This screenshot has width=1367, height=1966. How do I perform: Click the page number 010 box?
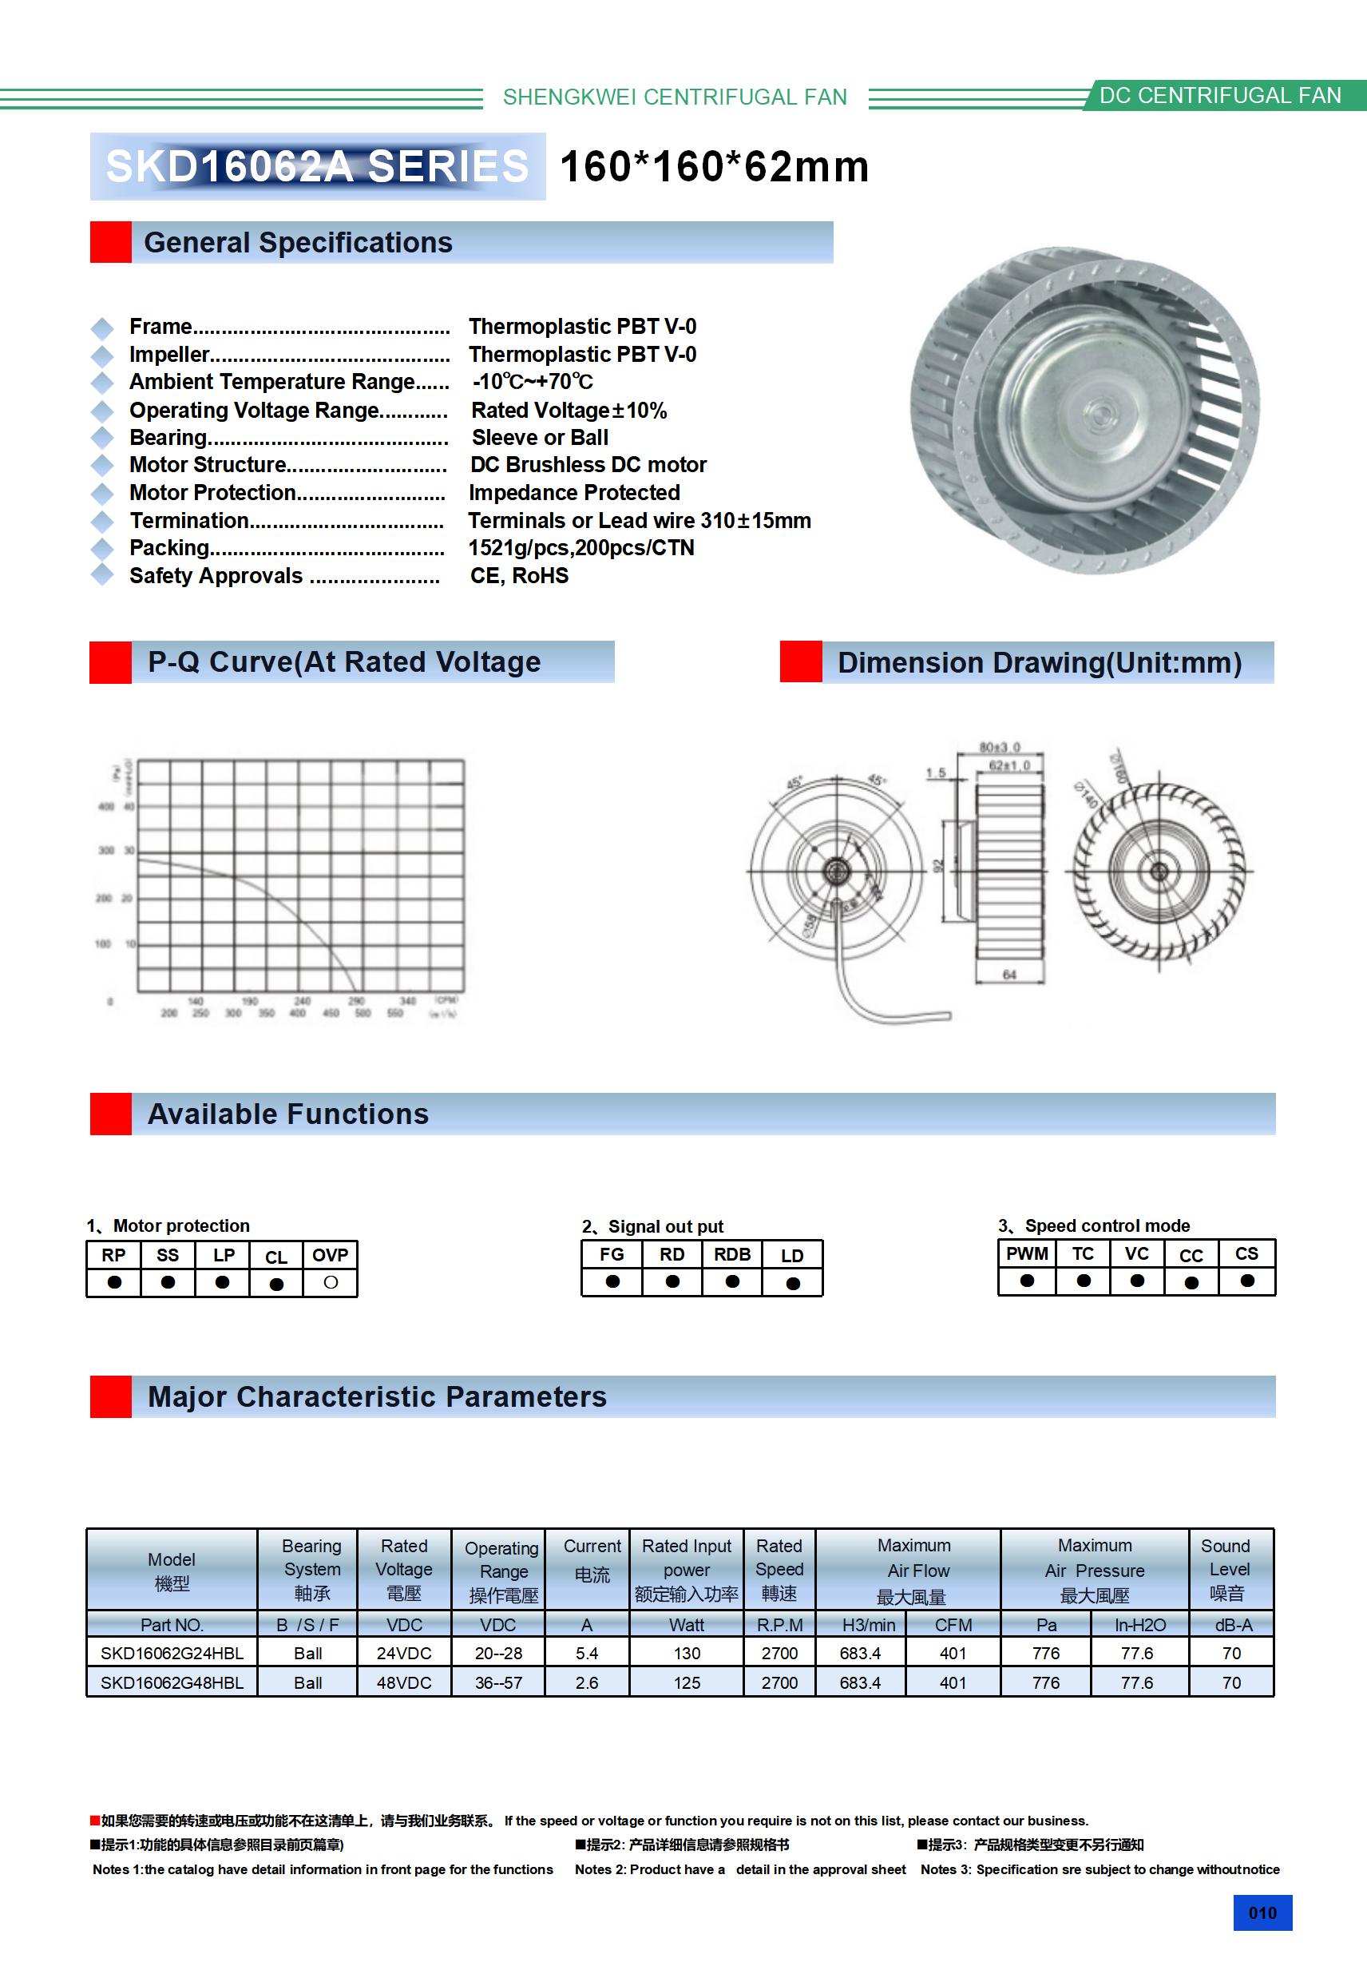[1262, 1912]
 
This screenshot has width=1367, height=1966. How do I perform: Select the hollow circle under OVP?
[331, 1282]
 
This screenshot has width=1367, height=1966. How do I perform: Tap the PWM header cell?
[1026, 1253]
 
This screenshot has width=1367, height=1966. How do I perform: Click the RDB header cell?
[732, 1254]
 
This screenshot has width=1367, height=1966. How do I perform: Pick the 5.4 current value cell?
[586, 1653]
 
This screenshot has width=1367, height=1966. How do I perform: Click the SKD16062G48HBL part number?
[172, 1682]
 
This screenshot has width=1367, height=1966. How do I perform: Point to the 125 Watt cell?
[687, 1682]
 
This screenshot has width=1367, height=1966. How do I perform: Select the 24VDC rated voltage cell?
[404, 1653]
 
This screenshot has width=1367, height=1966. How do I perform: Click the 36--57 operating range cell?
[498, 1682]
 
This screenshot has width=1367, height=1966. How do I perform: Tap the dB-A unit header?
[1233, 1624]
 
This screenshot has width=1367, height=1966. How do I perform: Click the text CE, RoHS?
[519, 575]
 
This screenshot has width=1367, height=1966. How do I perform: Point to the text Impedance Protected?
[573, 492]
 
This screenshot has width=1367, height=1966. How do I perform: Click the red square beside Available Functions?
[110, 1114]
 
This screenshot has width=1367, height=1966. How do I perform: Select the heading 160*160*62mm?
[714, 166]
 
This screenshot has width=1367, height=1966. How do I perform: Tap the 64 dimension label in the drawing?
[1009, 975]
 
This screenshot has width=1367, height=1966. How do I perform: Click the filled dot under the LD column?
[793, 1283]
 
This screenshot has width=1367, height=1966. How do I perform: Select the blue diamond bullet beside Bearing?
[103, 438]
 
